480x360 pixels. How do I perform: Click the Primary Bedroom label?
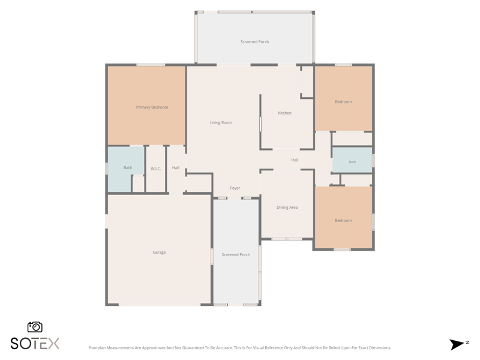click(x=152, y=107)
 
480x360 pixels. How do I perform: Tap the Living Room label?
click(x=221, y=122)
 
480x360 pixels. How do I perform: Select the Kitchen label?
click(x=284, y=113)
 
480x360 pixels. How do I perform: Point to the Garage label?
click(x=159, y=252)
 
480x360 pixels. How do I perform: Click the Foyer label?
click(x=235, y=188)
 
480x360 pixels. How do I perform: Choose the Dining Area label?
click(x=287, y=207)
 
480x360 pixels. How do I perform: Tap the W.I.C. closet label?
click(x=156, y=169)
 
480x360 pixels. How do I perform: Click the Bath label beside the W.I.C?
click(x=128, y=167)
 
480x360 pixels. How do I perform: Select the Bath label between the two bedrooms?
click(x=352, y=161)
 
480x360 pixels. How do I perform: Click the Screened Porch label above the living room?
click(x=254, y=41)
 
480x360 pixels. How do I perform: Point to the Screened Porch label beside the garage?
click(x=236, y=254)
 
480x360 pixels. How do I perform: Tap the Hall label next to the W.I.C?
click(x=176, y=167)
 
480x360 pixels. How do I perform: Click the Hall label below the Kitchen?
click(x=295, y=160)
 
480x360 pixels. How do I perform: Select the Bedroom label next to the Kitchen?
click(x=343, y=101)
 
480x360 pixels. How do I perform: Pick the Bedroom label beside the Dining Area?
click(x=343, y=220)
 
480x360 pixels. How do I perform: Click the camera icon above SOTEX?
click(x=35, y=327)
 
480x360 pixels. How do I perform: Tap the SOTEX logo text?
click(x=35, y=343)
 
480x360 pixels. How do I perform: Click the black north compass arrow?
click(x=457, y=344)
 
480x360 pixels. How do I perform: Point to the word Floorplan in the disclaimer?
click(x=96, y=348)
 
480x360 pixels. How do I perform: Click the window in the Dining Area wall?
click(x=287, y=239)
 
